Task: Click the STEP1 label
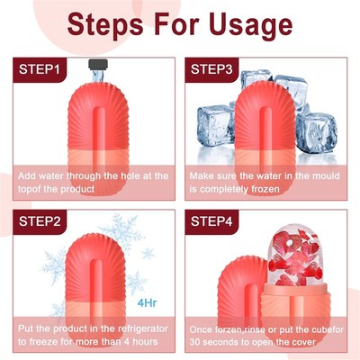pyautogui.click(x=35, y=68)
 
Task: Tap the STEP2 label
pyautogui.click(x=35, y=220)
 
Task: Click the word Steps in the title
pyautogui.click(x=104, y=23)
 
